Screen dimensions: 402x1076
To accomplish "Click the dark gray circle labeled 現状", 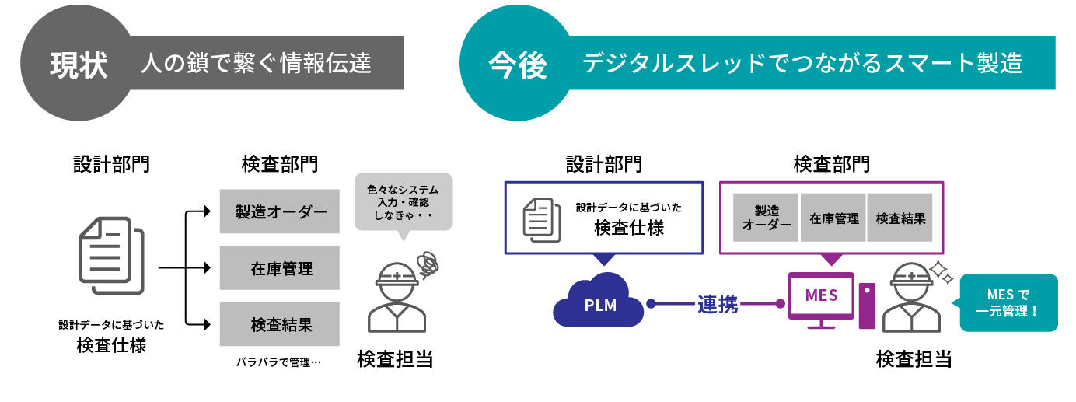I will [78, 65].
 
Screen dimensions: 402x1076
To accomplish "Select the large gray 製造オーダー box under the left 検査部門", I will [280, 211].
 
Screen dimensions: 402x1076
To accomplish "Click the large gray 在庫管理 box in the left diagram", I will [280, 268].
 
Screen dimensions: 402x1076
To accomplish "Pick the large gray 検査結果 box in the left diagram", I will [280, 324].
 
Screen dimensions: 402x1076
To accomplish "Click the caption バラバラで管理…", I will [278, 362].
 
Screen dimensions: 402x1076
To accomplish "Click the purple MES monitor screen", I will [821, 295].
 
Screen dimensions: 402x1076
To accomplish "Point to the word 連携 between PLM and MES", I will [716, 304].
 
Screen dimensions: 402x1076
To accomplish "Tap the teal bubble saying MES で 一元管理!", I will [1008, 303].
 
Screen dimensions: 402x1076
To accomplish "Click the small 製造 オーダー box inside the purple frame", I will [766, 218].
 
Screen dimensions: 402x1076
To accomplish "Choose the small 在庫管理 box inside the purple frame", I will [833, 218].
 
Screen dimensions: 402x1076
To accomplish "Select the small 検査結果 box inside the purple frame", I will [900, 218].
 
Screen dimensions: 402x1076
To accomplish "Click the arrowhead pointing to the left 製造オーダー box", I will [206, 211].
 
